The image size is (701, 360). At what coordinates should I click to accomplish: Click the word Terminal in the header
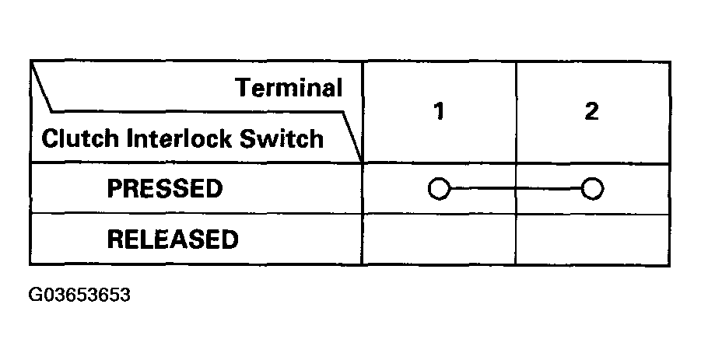[289, 88]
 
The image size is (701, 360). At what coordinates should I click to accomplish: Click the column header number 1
[439, 112]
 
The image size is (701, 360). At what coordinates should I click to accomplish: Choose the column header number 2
[591, 112]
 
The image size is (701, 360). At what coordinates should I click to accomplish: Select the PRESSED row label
[164, 189]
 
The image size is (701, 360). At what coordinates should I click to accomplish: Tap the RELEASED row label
[172, 239]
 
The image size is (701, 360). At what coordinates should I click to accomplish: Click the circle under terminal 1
[439, 189]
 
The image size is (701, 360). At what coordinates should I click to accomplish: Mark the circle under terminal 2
[592, 189]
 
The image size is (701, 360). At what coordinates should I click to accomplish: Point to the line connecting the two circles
[515, 189]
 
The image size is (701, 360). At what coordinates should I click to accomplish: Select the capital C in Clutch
[47, 139]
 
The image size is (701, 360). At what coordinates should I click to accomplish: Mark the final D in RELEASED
[230, 239]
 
